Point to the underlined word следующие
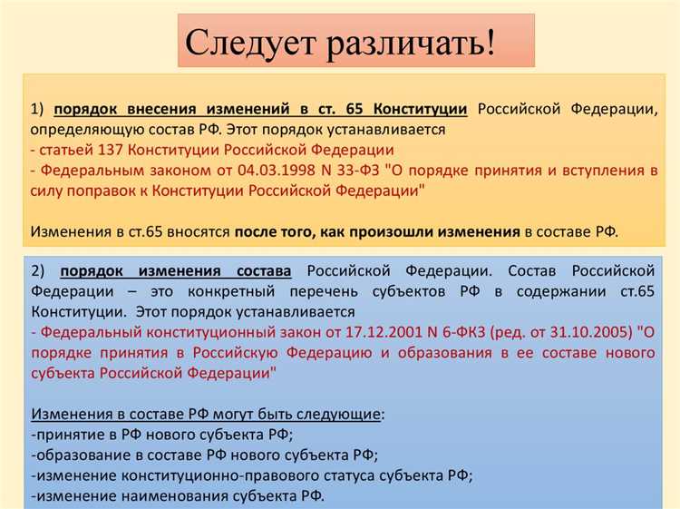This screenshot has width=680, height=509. tap(335, 414)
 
